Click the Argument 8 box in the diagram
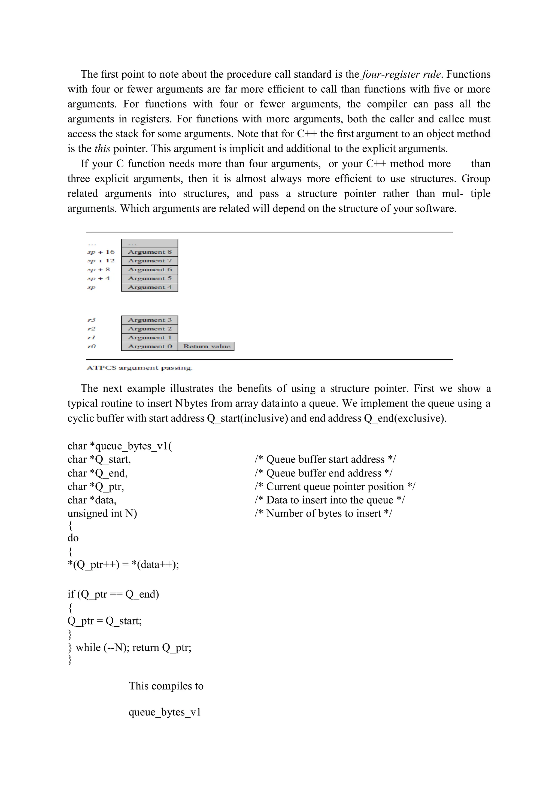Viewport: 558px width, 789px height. (150, 252)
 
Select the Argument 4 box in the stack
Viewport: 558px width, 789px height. (150, 287)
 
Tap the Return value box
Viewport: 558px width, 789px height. (206, 346)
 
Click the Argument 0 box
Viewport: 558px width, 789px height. (150, 346)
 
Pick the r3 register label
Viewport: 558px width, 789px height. (91, 320)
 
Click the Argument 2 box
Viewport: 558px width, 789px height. (150, 329)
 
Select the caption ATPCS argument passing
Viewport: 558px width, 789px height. (139, 368)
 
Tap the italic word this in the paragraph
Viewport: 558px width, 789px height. (102, 149)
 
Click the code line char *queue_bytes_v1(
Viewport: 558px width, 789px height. (120, 446)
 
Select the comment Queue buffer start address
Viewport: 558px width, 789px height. (325, 459)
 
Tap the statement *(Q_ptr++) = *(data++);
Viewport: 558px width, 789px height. (123, 564)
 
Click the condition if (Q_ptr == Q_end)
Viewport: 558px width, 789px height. (113, 594)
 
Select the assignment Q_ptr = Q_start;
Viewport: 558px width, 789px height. (104, 621)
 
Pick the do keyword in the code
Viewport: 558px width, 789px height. (73, 538)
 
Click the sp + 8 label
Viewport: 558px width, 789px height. (99, 270)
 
